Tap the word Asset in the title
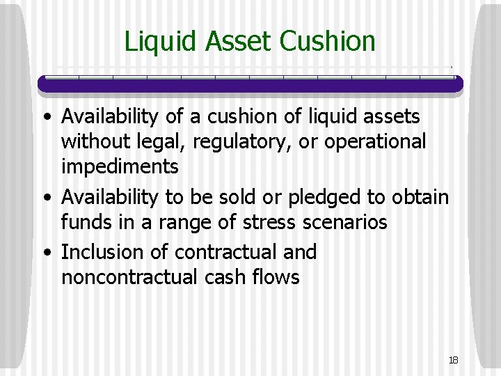[239, 42]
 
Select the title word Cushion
[327, 42]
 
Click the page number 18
[453, 360]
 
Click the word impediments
[120, 167]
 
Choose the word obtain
[421, 197]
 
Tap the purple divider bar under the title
[250, 84]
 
